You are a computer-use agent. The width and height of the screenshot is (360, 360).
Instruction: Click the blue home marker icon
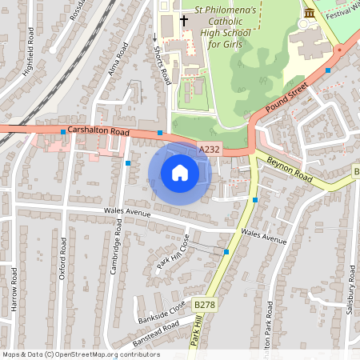point(180,173)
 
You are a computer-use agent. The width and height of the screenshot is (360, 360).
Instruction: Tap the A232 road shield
point(209,149)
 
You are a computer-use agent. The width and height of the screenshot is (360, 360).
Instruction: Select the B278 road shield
point(205,305)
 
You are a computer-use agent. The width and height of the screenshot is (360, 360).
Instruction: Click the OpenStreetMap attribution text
point(80,354)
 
